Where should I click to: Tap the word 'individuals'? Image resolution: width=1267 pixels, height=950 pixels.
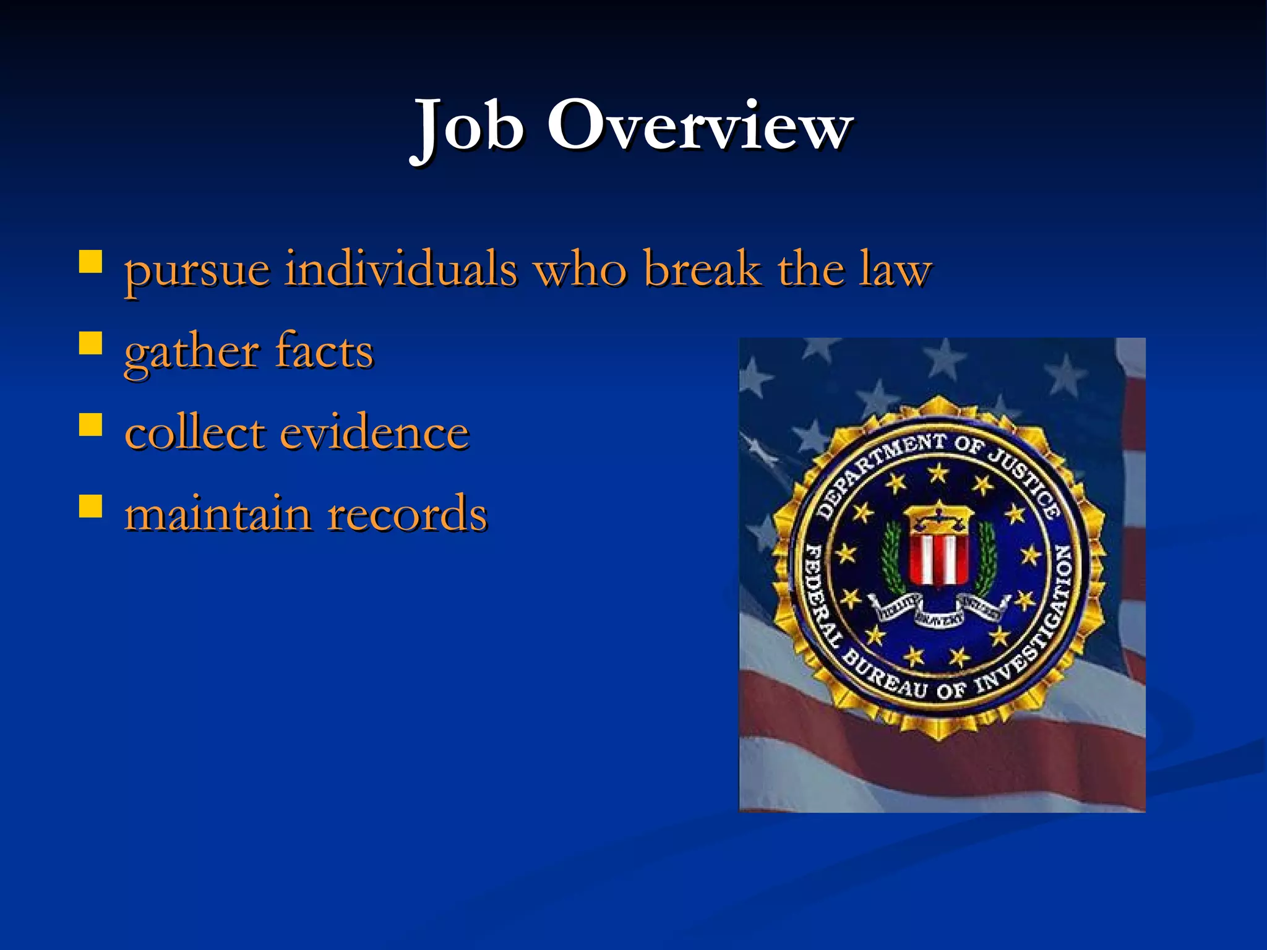[400, 270]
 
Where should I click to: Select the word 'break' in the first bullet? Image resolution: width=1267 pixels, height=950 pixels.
[702, 270]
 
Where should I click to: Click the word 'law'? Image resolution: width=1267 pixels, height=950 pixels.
[895, 271]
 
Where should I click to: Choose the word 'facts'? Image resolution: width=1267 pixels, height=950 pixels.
[324, 351]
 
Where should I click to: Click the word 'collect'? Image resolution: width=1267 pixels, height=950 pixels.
[195, 432]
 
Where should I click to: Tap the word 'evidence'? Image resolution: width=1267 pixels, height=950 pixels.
[374, 432]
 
